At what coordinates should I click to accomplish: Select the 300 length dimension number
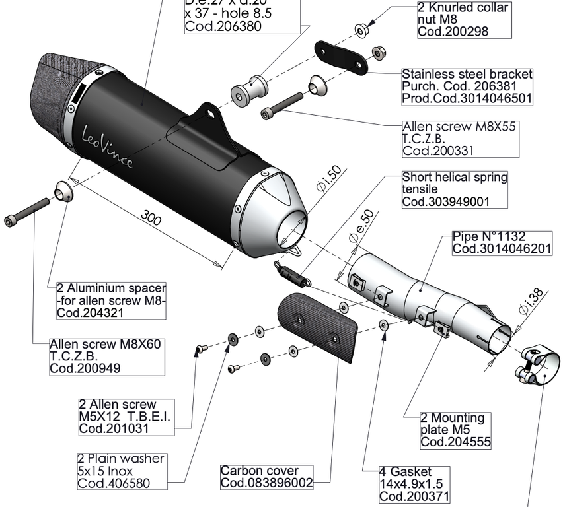151,217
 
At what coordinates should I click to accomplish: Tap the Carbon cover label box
266,477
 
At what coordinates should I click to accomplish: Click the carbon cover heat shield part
317,326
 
